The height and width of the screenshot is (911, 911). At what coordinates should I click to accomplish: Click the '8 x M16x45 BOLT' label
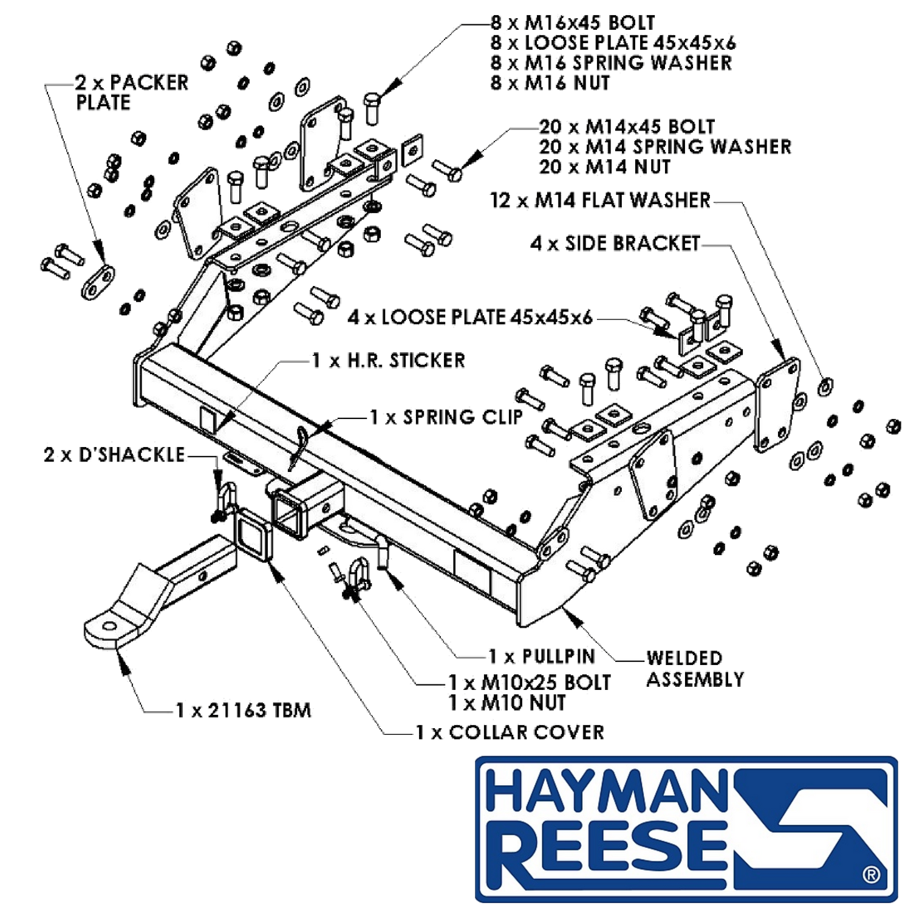click(x=573, y=23)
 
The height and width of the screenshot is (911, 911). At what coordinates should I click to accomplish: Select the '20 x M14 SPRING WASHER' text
click(x=665, y=146)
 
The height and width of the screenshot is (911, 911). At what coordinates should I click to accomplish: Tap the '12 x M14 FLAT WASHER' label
click(x=600, y=200)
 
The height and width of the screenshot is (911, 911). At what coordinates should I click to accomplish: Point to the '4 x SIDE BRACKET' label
click(x=615, y=244)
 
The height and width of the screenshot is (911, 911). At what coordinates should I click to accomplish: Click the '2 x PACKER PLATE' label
click(x=132, y=92)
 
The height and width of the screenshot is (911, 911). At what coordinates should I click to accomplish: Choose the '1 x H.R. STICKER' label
click(x=389, y=360)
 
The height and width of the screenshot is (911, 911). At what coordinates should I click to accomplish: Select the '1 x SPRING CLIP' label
click(x=446, y=417)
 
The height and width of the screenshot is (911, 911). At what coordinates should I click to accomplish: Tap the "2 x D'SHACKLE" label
click(x=114, y=454)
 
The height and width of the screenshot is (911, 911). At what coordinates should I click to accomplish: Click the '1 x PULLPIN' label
click(x=542, y=657)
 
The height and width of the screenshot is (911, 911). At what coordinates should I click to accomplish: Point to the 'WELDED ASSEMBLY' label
click(x=695, y=669)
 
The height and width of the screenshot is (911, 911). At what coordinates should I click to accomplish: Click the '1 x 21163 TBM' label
click(x=244, y=710)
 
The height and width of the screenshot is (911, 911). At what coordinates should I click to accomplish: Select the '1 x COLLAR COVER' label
click(x=510, y=732)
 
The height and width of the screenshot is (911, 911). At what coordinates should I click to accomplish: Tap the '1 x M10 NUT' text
click(x=507, y=703)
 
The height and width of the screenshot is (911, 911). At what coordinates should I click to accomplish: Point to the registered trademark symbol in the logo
click(x=871, y=875)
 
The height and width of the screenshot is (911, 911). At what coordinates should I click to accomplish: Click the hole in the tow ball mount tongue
click(x=110, y=626)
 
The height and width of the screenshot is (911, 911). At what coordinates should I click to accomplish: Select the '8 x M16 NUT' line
click(x=550, y=83)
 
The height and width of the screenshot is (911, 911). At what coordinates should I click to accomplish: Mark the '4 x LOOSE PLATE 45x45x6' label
click(x=469, y=317)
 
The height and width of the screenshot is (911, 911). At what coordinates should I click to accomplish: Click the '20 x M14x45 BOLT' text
click(x=627, y=126)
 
